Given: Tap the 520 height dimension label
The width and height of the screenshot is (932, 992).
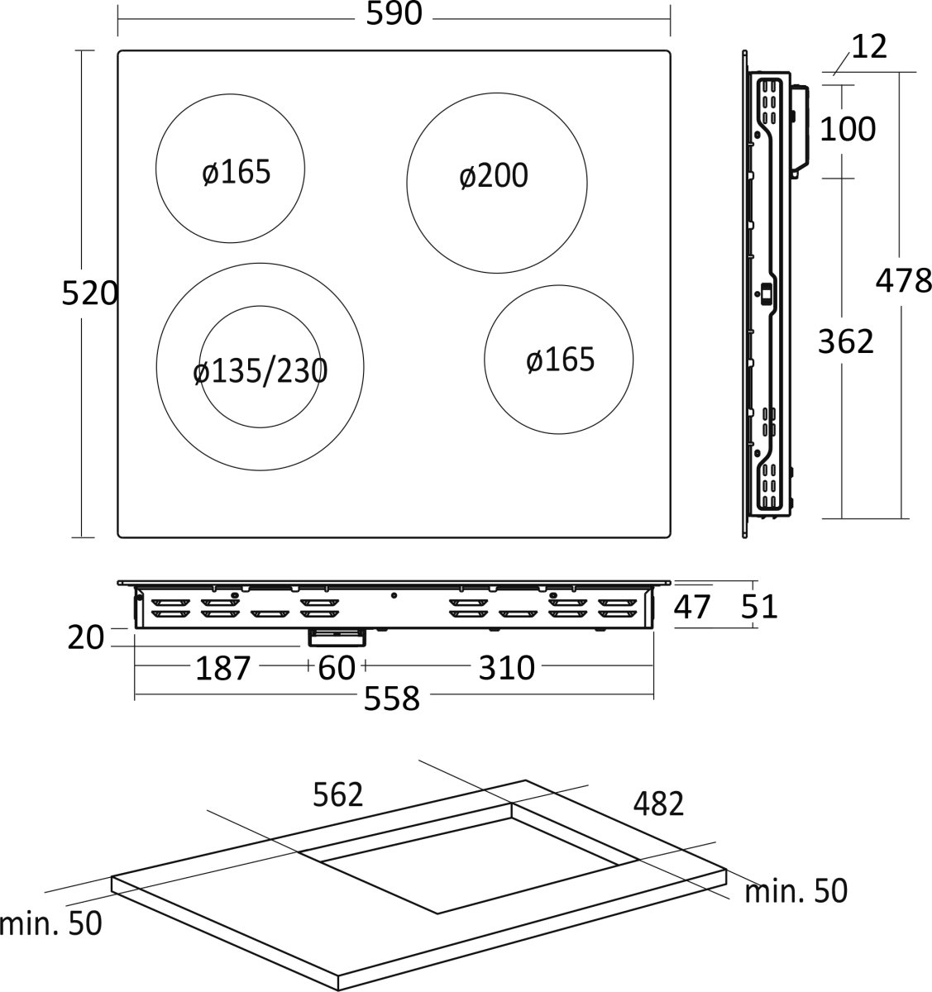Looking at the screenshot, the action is point(90,293).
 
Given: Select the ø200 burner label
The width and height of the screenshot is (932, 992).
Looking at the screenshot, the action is point(494,175).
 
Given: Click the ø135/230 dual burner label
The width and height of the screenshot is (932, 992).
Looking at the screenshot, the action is point(260,372).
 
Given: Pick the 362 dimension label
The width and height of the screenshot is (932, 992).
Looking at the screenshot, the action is point(845,341).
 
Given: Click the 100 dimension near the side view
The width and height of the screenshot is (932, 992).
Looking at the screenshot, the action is point(848,129).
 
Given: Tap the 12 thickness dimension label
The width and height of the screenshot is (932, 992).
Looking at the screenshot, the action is point(869,47).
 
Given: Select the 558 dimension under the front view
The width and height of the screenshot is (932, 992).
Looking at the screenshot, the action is point(392,699).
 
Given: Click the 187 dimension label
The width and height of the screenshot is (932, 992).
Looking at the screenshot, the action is point(223,668).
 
